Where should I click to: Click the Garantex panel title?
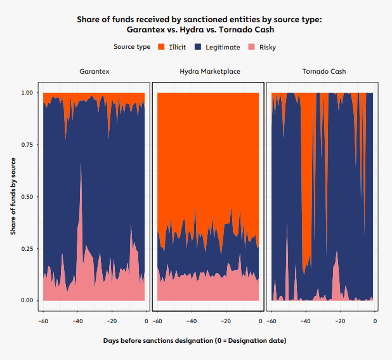(x=94, y=72)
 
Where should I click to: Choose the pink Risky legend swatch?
(x=251, y=47)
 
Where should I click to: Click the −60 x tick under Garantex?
(x=42, y=321)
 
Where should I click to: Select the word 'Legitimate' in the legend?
(x=223, y=47)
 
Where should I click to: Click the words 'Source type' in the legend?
(x=132, y=47)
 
